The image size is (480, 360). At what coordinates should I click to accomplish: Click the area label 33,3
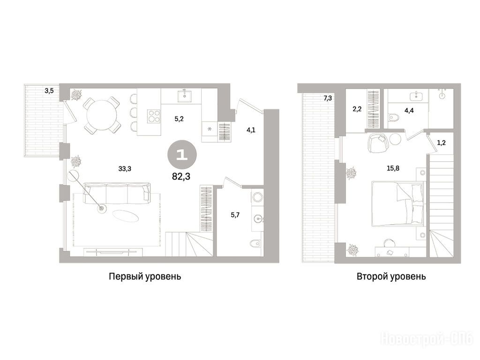(x=125, y=168)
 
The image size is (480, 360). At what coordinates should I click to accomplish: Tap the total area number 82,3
(x=181, y=176)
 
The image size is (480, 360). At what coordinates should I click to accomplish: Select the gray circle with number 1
(x=181, y=155)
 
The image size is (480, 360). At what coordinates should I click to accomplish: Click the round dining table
(x=102, y=115)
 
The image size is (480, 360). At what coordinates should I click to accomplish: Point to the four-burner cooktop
(x=154, y=116)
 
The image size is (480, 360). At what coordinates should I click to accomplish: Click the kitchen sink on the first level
(x=185, y=96)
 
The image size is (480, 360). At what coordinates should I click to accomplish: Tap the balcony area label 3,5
(x=49, y=90)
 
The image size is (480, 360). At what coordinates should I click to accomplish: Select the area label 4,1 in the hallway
(x=251, y=130)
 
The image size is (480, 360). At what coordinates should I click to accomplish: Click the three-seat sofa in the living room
(x=117, y=194)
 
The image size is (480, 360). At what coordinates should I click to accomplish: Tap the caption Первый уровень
(x=145, y=277)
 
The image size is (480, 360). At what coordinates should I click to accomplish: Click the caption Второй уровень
(x=391, y=277)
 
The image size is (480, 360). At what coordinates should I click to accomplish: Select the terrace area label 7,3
(x=328, y=98)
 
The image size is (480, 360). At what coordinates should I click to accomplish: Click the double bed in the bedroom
(x=397, y=203)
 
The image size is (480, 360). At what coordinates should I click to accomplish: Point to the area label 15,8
(x=393, y=168)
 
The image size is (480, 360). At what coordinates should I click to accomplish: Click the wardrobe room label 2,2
(x=357, y=109)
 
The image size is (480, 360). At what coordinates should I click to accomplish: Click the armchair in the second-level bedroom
(x=377, y=143)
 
